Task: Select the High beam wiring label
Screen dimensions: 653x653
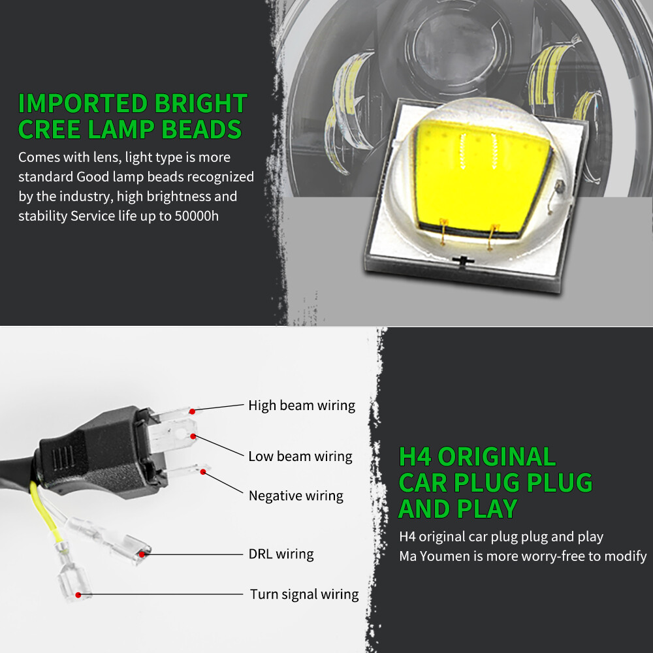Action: pyautogui.click(x=301, y=406)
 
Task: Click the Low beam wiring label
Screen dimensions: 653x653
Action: pyautogui.click(x=300, y=456)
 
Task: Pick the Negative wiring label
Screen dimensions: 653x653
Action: pyautogui.click(x=295, y=496)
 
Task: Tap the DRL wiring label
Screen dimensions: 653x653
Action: pyautogui.click(x=281, y=554)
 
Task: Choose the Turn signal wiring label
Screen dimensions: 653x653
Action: pyautogui.click(x=304, y=594)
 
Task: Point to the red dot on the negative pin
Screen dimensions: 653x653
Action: pyautogui.click(x=203, y=471)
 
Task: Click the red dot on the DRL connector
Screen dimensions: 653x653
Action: pyautogui.click(x=142, y=554)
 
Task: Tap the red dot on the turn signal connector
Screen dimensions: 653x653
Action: pyautogui.click(x=78, y=594)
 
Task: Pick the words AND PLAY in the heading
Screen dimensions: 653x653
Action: pyautogui.click(x=457, y=509)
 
